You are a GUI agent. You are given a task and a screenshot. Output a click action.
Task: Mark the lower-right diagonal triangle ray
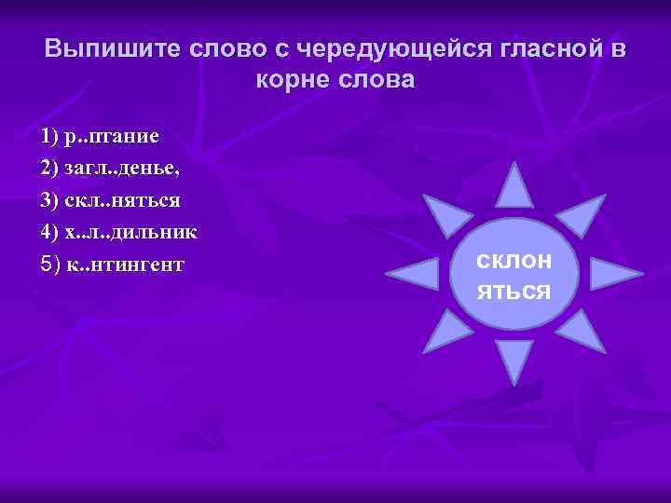[x=582, y=331]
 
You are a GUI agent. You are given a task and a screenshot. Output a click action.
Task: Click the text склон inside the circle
[x=514, y=261]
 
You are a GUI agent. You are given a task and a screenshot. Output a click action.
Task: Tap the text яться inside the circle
[x=514, y=291]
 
